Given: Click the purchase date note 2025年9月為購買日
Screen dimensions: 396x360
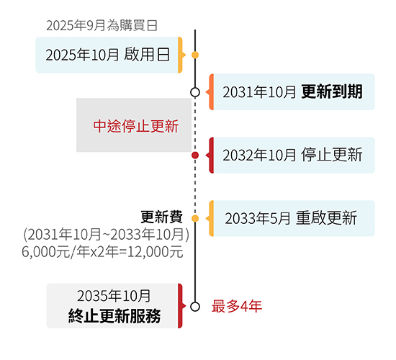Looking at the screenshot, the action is tap(102, 25).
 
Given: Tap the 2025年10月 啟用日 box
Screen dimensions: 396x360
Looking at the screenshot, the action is tap(109, 55).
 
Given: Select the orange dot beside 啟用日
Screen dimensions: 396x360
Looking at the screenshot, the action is tap(195, 55).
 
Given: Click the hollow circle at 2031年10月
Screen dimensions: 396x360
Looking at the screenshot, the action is tap(195, 92).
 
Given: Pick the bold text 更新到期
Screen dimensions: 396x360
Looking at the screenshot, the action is tap(332, 91).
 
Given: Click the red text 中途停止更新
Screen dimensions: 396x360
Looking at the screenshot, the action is tap(136, 126).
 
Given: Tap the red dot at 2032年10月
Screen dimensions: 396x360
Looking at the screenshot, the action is tap(195, 155).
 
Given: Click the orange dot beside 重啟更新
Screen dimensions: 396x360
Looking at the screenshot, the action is tap(195, 219).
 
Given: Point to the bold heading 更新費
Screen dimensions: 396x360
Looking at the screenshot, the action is tap(161, 217).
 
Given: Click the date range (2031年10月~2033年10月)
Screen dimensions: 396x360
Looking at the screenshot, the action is tap(106, 235).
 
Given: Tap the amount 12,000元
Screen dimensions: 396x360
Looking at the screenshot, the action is tap(155, 252).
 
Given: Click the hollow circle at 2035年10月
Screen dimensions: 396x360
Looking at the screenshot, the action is tap(195, 307).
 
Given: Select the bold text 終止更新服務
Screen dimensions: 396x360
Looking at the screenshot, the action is tap(114, 316).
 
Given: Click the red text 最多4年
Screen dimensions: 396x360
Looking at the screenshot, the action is tap(237, 306).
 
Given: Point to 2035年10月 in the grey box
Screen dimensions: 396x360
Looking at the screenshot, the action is tap(114, 296).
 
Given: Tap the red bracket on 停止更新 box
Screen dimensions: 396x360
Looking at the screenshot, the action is tap(210, 155).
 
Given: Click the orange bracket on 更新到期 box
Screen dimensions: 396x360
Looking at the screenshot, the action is tap(210, 92).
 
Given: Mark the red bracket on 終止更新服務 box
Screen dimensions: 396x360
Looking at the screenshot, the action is tap(181, 306).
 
